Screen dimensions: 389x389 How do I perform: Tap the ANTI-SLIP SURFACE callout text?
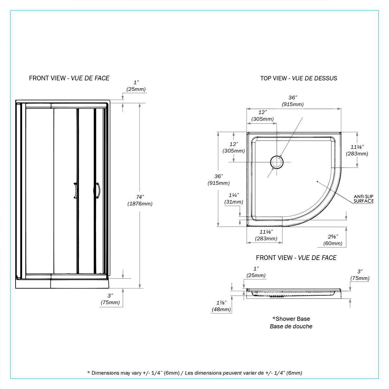coord(364,199)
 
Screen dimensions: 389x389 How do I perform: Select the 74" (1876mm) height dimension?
coord(140,200)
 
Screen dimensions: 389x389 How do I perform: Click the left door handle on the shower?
coord(75,190)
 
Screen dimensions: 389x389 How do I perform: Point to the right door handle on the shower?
coord(98,190)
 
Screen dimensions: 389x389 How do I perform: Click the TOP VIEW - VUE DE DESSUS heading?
coord(299,78)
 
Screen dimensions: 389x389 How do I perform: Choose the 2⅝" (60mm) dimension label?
coord(333,240)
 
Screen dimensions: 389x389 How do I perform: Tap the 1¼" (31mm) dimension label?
coord(233,198)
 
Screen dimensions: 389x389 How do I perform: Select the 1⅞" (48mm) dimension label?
coord(221,306)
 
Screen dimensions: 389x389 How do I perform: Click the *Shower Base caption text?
coord(291,319)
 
